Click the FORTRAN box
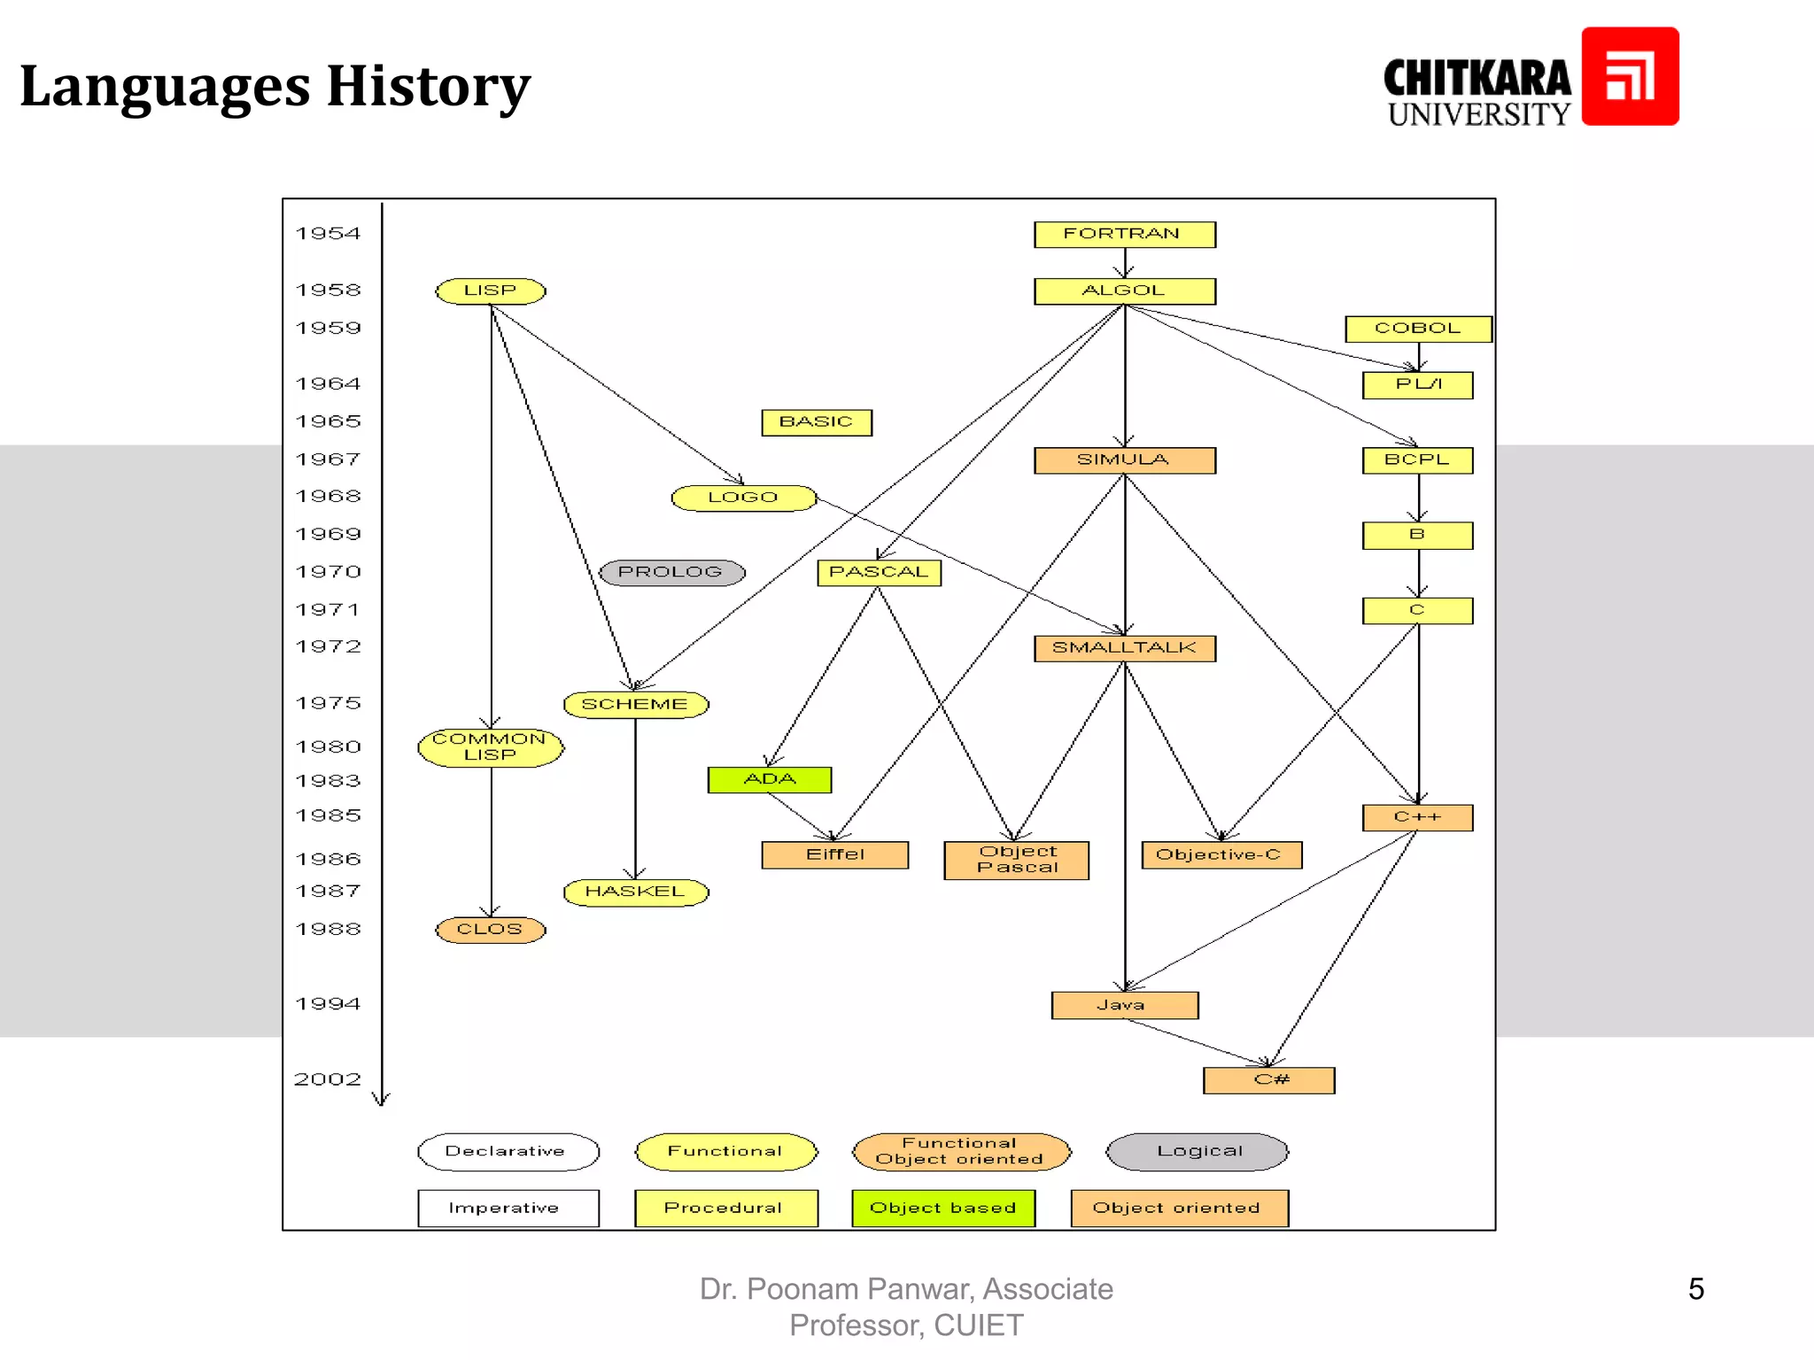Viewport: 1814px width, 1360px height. (x=1124, y=235)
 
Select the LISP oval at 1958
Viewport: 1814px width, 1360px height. (x=491, y=291)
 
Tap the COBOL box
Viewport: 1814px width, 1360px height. (x=1418, y=328)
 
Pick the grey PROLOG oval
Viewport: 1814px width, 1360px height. (x=671, y=573)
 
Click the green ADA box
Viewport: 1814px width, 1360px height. (x=770, y=780)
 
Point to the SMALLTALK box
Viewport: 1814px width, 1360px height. (x=1124, y=648)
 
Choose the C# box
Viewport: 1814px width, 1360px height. (x=1269, y=1080)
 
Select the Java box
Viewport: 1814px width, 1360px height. (x=1124, y=1006)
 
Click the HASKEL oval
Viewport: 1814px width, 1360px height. (x=636, y=892)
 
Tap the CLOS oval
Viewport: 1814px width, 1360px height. (x=491, y=930)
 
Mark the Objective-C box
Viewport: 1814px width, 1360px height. (x=1221, y=855)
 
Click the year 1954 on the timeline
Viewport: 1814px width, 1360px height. (x=328, y=234)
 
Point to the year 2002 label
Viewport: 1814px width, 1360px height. (x=328, y=1079)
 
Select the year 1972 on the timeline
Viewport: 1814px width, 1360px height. (x=328, y=647)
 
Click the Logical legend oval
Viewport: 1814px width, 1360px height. (x=1198, y=1152)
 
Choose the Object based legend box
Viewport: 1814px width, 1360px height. (x=943, y=1209)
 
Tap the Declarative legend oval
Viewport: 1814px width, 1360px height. (x=508, y=1152)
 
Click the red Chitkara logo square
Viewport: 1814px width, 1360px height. (x=1630, y=76)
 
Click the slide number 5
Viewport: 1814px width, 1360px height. (x=1695, y=1289)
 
